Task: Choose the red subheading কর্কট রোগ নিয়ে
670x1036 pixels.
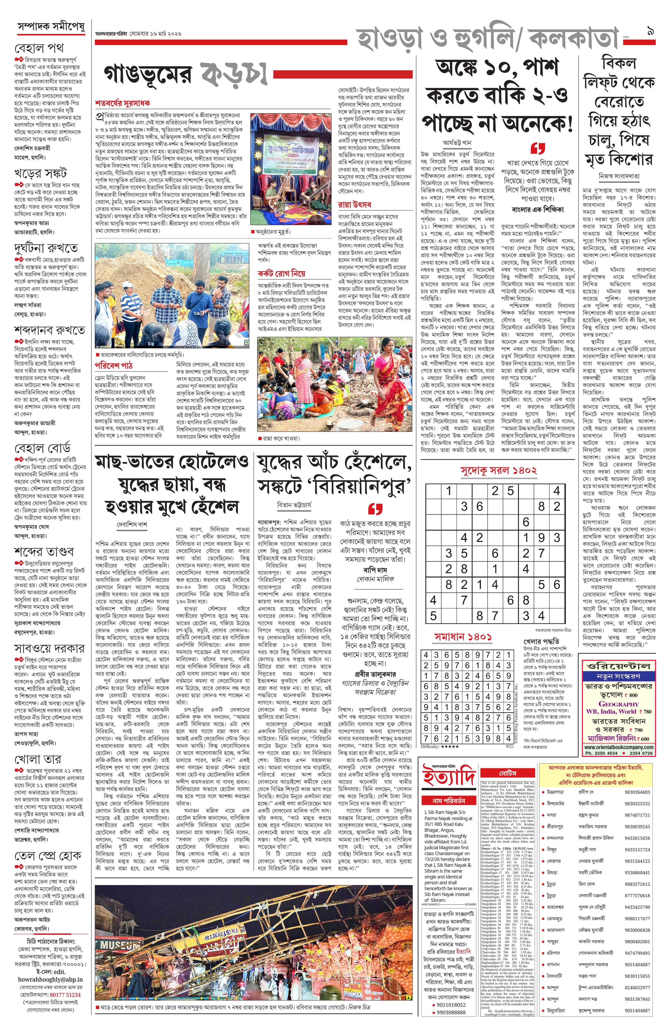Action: click(x=281, y=274)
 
